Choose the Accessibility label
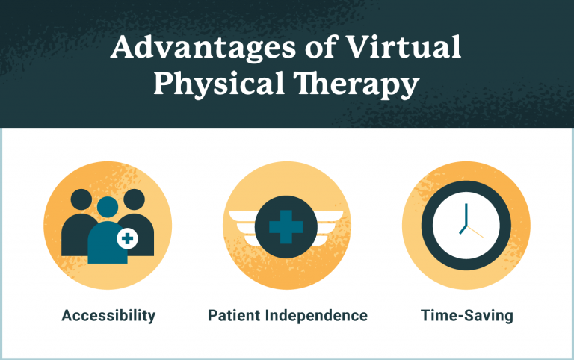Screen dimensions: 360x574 pos(108,315)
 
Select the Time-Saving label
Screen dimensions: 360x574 pos(466,315)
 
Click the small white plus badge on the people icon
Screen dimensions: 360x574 pos(128,239)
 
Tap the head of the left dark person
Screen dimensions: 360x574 pos(81,200)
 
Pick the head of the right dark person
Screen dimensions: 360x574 pos(133,200)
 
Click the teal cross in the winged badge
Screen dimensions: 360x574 pos(286,226)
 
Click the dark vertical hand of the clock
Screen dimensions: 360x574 pos(465,214)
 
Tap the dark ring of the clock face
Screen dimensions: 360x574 pos(431,226)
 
